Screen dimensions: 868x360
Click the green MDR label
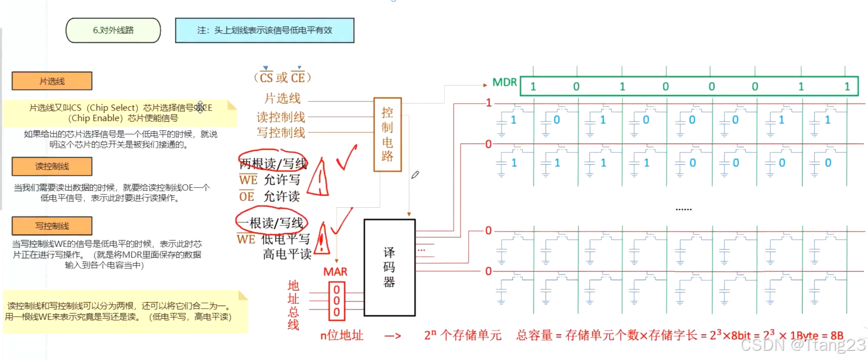pos(504,83)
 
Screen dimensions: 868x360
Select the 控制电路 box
pos(387,134)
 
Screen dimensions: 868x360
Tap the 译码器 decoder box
pos(389,267)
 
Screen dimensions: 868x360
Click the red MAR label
pos(335,272)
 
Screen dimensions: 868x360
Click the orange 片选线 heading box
pos(52,81)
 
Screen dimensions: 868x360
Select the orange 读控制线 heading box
pos(52,167)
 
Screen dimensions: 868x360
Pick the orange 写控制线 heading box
pos(52,226)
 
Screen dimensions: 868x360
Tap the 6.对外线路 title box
pos(113,30)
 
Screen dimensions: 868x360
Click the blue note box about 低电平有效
pos(264,30)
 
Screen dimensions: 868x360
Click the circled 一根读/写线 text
pos(270,223)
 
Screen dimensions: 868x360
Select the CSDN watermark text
pos(802,344)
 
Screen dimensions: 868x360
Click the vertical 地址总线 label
pos(294,305)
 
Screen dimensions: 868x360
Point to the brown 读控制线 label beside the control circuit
pos(281,117)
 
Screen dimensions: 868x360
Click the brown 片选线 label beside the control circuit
pos(282,99)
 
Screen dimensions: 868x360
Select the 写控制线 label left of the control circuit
pos(281,133)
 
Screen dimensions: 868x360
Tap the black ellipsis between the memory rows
pos(683,209)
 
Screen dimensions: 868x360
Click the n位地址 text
pos(342,336)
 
